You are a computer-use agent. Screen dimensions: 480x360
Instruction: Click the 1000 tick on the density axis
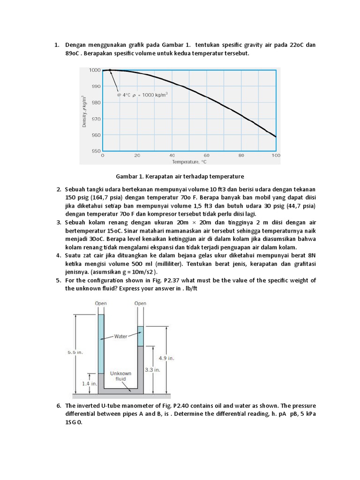point(95,70)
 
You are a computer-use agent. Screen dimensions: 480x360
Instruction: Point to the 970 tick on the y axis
point(96,119)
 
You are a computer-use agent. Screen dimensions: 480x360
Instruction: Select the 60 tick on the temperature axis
point(207,155)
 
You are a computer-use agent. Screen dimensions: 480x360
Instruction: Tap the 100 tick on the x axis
point(276,155)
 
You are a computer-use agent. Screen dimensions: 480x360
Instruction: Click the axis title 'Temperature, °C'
point(189,161)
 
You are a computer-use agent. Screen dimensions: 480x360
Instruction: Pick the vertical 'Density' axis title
point(84,111)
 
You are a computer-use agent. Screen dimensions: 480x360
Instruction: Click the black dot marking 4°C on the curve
point(110,70)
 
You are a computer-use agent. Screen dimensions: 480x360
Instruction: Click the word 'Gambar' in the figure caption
point(127,176)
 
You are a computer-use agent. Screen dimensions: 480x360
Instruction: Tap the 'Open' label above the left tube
point(101,304)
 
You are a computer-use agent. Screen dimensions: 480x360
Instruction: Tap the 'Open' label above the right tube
point(140,304)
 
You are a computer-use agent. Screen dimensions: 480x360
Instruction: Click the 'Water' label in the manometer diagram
point(120,337)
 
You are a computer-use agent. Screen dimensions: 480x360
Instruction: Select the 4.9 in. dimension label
point(166,358)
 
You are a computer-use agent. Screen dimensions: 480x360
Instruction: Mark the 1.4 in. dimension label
point(90,384)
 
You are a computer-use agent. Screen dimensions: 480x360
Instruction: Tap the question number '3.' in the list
point(59,222)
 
